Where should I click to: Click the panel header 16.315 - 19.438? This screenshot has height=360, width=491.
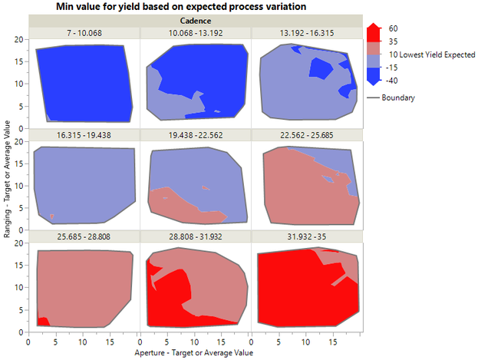(x=84, y=134)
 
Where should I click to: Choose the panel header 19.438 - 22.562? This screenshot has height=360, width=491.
(x=195, y=134)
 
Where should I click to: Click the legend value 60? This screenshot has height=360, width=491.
(x=394, y=28)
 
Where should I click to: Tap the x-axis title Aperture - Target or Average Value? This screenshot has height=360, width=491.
(x=195, y=353)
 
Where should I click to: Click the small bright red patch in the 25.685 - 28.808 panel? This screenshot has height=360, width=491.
(x=43, y=321)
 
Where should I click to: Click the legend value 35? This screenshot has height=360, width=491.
(x=394, y=41)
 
